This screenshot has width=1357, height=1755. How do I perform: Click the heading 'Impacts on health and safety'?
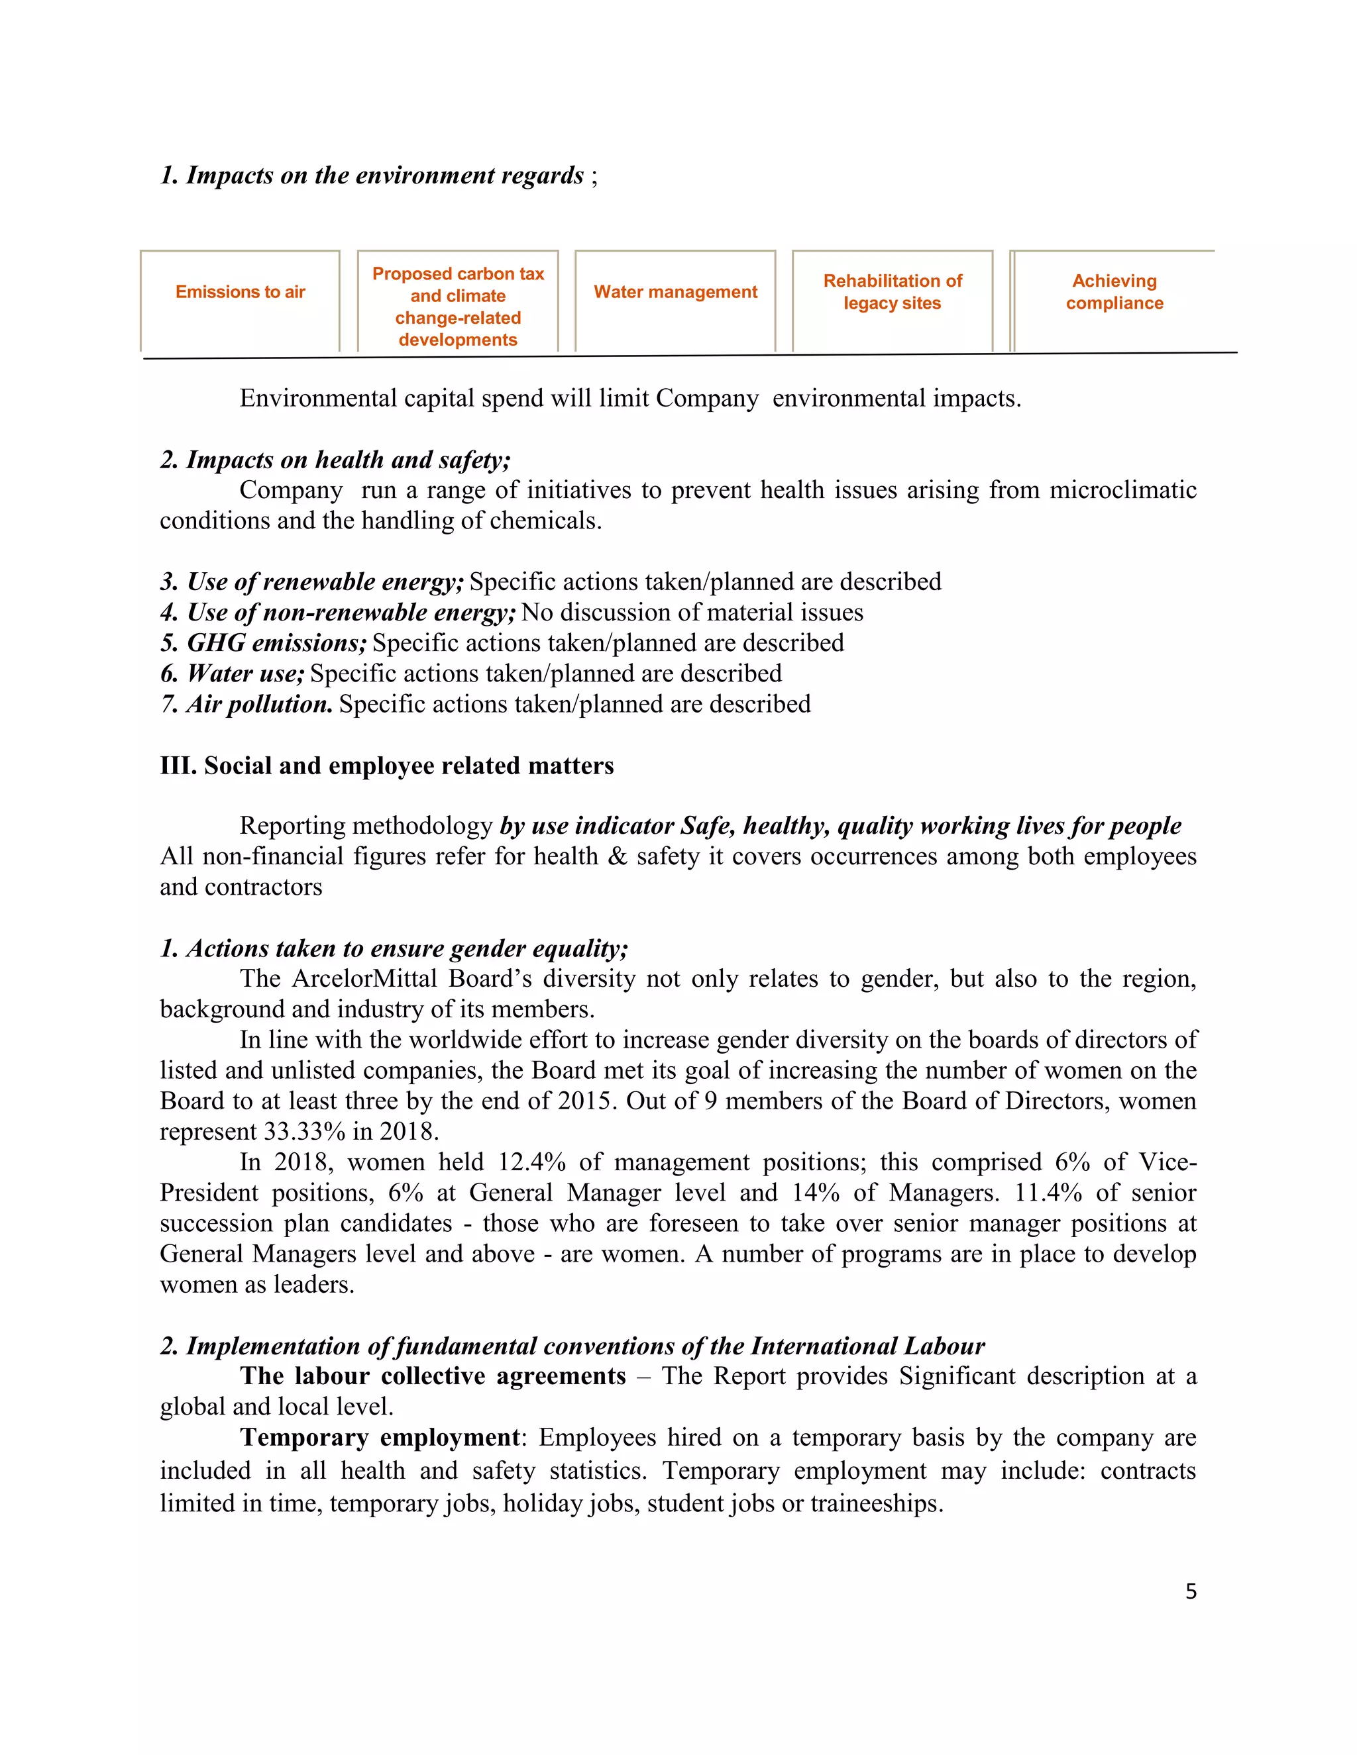(x=335, y=460)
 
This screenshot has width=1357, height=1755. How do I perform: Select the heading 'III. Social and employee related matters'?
(x=387, y=766)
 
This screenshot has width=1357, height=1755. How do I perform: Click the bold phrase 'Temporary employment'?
(x=380, y=1437)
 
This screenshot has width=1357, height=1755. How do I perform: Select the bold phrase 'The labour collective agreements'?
(x=433, y=1376)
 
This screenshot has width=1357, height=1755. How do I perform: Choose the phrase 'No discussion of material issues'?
(x=692, y=613)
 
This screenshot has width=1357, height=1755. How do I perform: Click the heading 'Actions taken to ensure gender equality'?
(x=394, y=948)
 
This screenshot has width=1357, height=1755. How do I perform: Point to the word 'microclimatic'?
(x=1122, y=490)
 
